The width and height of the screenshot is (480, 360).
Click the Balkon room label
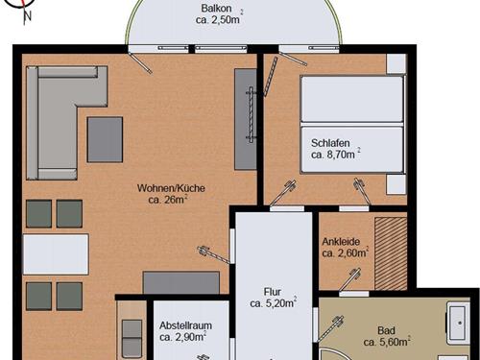(x=216, y=8)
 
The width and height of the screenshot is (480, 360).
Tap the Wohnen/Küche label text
(x=171, y=188)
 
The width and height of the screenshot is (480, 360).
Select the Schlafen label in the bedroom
(x=330, y=143)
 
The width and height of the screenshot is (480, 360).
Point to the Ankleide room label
(x=341, y=241)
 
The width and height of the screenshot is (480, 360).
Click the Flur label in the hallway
(x=273, y=292)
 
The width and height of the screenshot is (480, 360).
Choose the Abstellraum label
(x=185, y=325)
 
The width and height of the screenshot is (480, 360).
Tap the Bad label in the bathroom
(x=386, y=330)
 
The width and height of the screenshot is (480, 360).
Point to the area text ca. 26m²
(x=168, y=200)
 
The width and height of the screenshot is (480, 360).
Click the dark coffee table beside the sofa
(x=105, y=139)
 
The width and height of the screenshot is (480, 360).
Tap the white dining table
(x=56, y=254)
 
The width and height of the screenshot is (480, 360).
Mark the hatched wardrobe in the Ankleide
(x=391, y=253)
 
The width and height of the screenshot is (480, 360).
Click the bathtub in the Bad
(x=459, y=323)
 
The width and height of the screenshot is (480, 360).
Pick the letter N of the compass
(x=28, y=16)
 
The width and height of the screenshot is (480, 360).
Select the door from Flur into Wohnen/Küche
(x=214, y=254)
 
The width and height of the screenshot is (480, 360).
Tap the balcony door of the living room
(x=139, y=61)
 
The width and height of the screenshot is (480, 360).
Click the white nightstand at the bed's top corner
(x=396, y=63)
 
